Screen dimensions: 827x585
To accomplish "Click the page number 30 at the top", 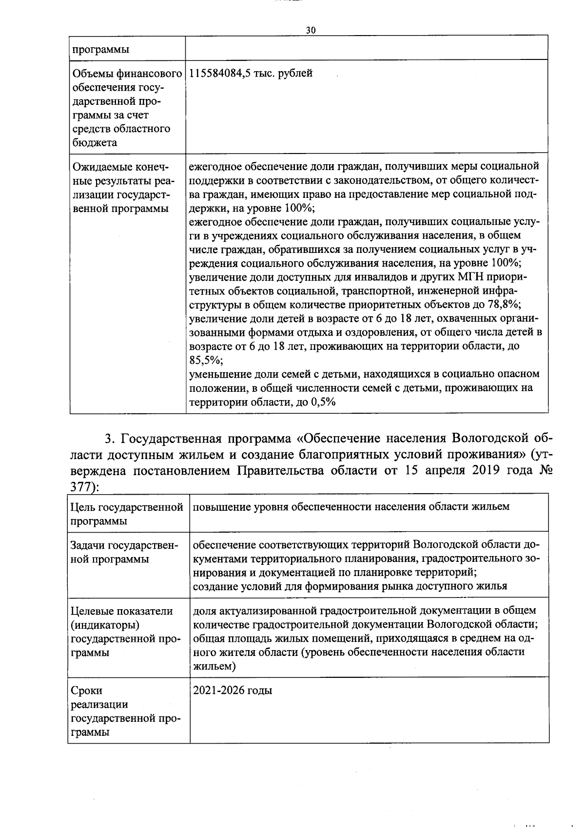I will [x=311, y=30].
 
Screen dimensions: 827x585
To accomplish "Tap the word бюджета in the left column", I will [x=94, y=143].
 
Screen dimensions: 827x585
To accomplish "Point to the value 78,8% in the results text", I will [x=503, y=305].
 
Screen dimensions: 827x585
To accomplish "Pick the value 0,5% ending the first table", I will [x=323, y=403].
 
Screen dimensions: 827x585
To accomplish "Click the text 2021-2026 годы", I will [x=233, y=691].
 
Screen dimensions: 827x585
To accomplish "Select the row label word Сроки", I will [x=87, y=691].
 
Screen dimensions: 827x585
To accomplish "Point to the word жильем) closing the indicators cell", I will [x=214, y=666].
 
